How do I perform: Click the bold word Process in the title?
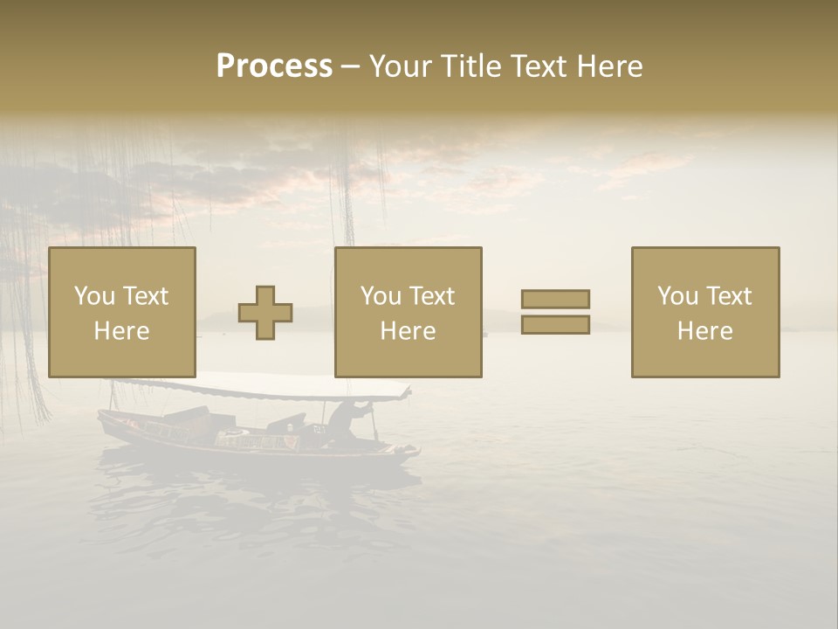click(x=274, y=66)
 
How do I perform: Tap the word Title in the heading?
click(x=469, y=66)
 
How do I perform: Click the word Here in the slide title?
click(x=608, y=66)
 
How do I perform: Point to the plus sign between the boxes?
click(x=265, y=313)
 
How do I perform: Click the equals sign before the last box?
click(x=555, y=312)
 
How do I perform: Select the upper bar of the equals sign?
click(x=555, y=300)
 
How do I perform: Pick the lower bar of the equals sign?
click(x=555, y=325)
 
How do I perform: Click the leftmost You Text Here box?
click(x=122, y=312)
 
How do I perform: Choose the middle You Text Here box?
click(x=409, y=312)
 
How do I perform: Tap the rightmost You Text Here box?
click(x=705, y=312)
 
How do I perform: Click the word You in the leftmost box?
click(x=94, y=296)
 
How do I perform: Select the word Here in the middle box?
click(x=409, y=331)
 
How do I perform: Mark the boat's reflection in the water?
click(x=253, y=489)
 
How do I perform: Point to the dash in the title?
click(x=351, y=66)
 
